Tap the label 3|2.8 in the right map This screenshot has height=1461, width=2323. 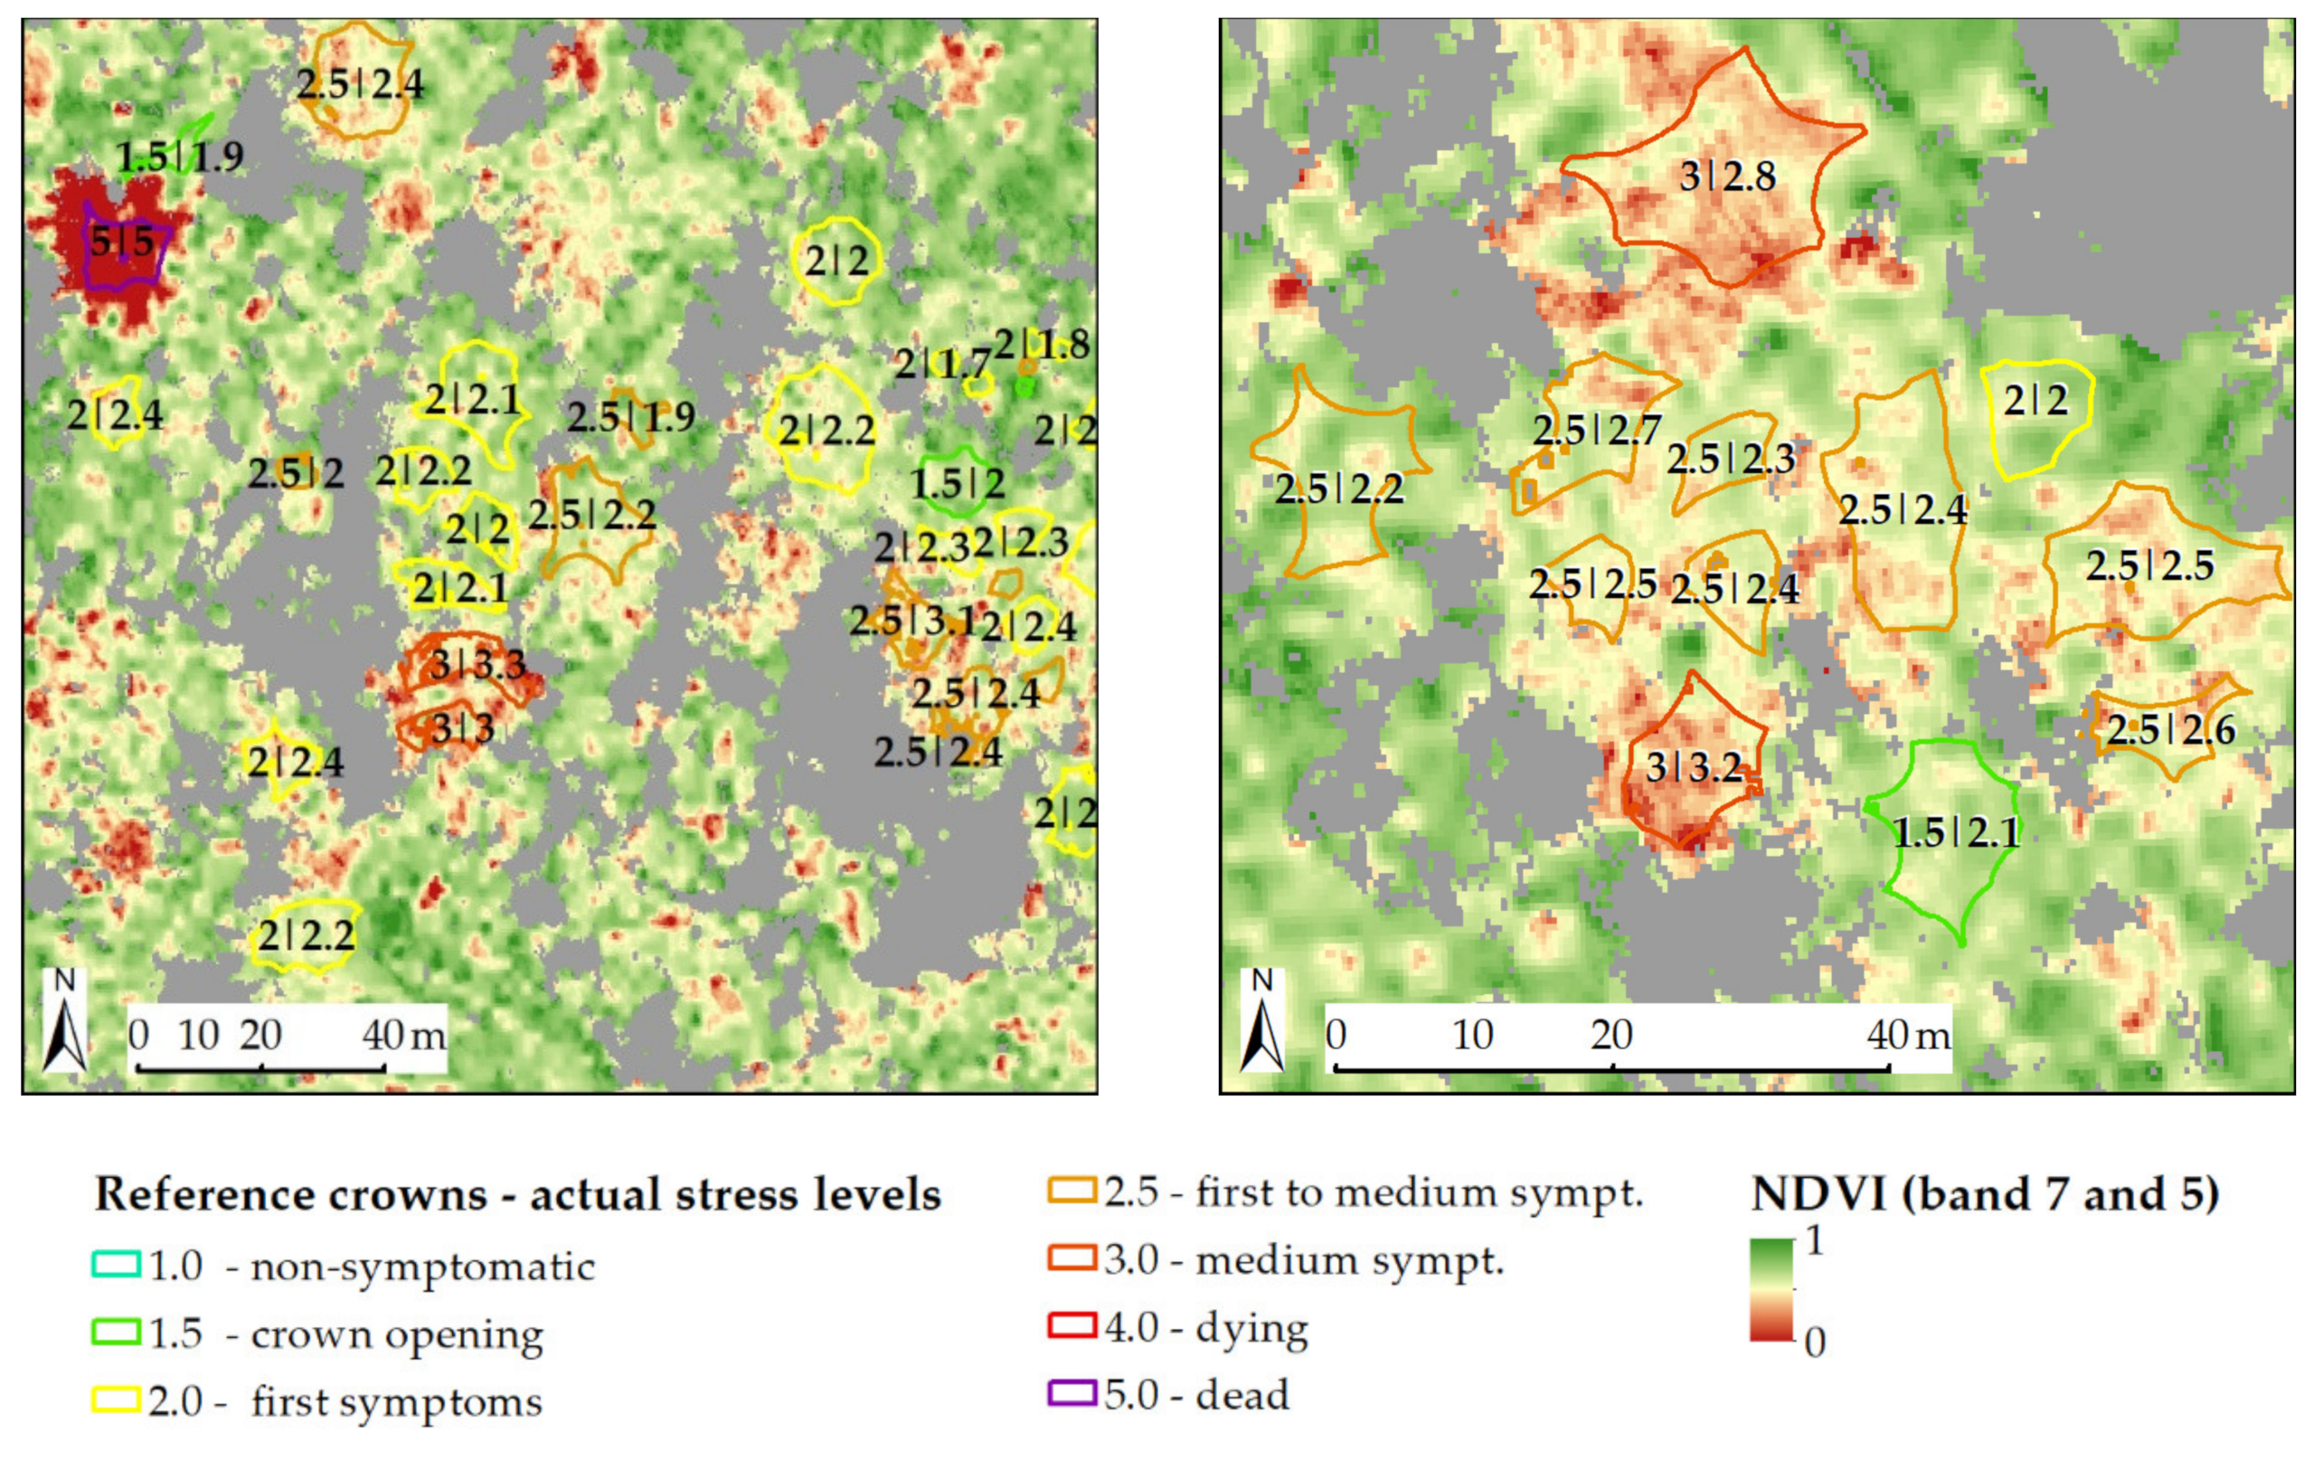point(1727,176)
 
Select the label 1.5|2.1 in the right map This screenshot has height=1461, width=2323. point(1956,832)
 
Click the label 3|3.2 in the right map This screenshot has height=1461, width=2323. point(1693,767)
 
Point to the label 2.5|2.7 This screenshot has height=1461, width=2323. point(1597,430)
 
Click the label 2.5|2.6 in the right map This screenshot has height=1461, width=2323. point(2170,729)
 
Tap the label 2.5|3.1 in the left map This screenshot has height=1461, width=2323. point(911,621)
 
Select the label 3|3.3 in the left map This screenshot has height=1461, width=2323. point(477,664)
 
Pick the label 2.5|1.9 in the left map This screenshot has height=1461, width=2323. point(630,417)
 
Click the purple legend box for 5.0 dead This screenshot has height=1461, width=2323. point(1072,1393)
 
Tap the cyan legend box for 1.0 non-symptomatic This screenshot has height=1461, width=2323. point(117,1264)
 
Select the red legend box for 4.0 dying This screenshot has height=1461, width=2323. point(1072,1326)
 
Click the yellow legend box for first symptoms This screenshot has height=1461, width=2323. point(117,1399)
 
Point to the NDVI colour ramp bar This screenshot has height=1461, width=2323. point(1771,1290)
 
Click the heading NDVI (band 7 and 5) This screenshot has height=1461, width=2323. point(1985,1195)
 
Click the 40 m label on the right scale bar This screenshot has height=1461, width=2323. point(1907,1036)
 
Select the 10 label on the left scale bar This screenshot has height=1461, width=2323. point(199,1036)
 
